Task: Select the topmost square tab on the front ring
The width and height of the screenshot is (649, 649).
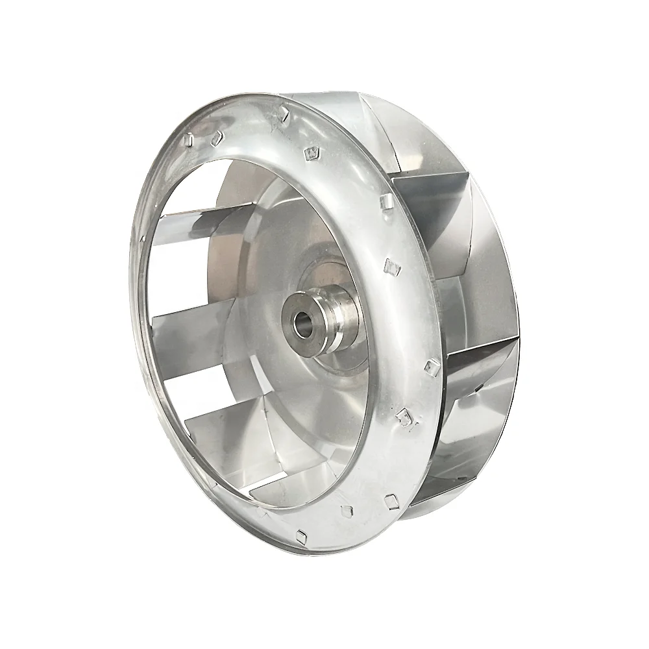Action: coord(282,114)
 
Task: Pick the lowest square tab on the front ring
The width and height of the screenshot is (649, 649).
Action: coord(300,535)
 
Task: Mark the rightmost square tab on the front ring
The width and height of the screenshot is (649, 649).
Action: coord(429,369)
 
